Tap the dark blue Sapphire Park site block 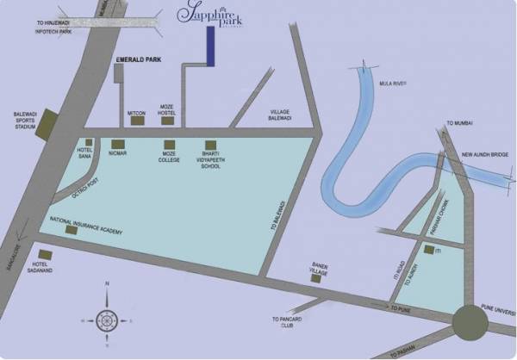point(210,46)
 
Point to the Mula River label point(392,84)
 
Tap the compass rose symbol point(107,320)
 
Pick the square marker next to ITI point(427,250)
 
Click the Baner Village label point(320,270)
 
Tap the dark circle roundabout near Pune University point(470,322)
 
